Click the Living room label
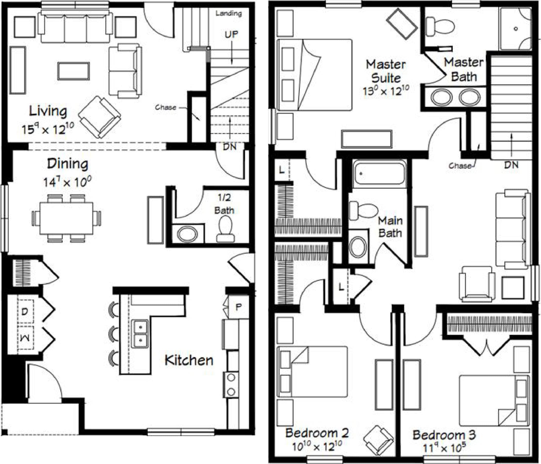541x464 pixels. coord(48,111)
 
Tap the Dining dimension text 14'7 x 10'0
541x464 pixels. coord(67,182)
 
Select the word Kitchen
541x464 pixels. coord(189,360)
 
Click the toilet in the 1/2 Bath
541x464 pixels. coord(225,230)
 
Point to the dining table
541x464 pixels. coord(66,218)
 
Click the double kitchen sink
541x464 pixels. coord(140,334)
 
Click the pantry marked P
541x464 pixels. coord(238,307)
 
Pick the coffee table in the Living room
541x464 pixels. coord(74,71)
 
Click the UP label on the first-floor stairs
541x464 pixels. coord(231,34)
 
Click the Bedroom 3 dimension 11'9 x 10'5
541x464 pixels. coord(444,448)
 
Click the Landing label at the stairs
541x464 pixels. coord(228,13)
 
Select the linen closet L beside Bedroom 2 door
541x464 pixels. coord(341,287)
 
